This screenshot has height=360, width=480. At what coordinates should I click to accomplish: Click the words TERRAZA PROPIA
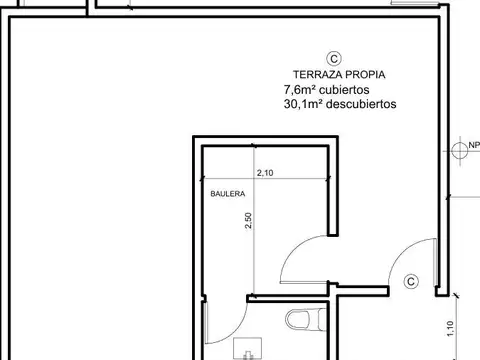(x=339, y=75)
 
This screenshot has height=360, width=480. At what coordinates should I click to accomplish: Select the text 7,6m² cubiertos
(x=327, y=89)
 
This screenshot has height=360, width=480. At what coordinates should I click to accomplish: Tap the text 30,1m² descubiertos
(x=340, y=103)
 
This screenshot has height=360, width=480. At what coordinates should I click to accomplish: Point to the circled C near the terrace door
(x=410, y=283)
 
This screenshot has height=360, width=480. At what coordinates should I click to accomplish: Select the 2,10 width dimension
(x=266, y=174)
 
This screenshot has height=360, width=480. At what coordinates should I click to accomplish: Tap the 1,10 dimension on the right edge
(x=468, y=325)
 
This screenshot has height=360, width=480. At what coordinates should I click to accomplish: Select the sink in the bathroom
(x=243, y=349)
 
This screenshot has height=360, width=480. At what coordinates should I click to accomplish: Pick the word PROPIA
(x=364, y=75)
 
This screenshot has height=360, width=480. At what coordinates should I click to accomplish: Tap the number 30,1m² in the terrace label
(x=304, y=103)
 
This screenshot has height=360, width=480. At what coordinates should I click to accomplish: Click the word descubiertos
(x=361, y=103)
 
